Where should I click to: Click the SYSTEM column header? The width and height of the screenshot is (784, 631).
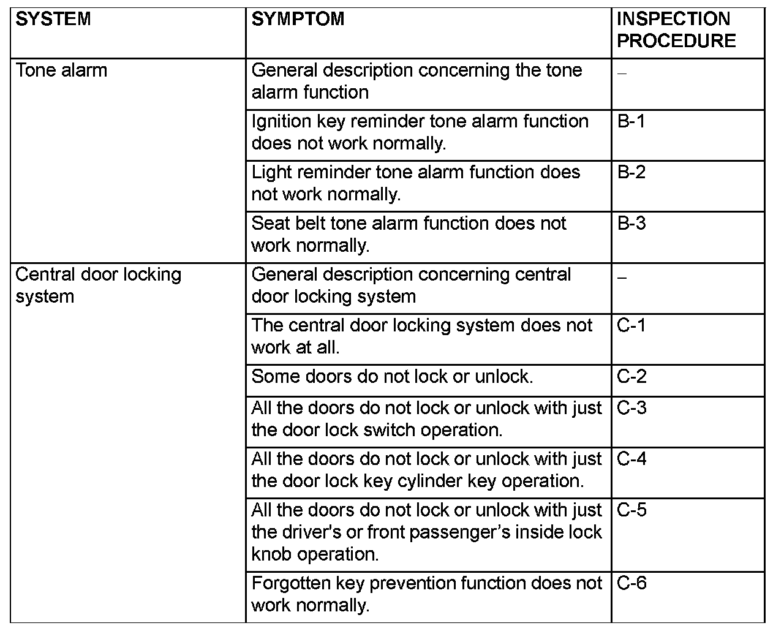[53, 19]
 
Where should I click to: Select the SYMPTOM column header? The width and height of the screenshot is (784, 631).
[298, 19]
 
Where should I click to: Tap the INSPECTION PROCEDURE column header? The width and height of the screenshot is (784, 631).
[676, 30]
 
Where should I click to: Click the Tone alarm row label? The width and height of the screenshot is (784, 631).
[61, 70]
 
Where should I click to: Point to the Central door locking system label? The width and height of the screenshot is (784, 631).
[99, 285]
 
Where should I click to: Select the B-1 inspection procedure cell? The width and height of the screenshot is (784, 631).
[631, 121]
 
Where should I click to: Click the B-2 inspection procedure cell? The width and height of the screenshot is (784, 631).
[631, 172]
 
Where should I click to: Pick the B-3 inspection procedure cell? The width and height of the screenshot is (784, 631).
[631, 223]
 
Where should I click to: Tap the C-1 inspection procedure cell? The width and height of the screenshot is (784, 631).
[631, 325]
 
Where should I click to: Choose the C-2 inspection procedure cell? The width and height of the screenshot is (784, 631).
[631, 376]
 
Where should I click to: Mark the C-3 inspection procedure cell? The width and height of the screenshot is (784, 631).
[631, 408]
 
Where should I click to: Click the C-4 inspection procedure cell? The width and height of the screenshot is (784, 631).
[631, 459]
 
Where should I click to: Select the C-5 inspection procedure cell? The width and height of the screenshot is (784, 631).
[631, 510]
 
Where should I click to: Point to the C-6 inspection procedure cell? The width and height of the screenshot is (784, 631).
[631, 583]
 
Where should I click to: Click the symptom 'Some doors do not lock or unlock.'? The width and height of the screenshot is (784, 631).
[392, 376]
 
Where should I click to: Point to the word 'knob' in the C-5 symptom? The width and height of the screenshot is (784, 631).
[271, 554]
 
